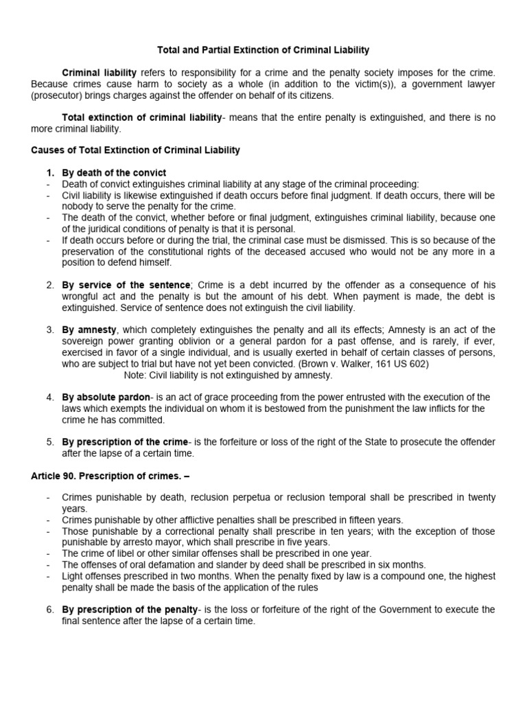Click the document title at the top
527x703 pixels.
tap(263, 50)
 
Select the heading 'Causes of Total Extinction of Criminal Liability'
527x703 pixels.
tap(136, 150)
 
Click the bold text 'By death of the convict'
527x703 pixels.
tap(114, 172)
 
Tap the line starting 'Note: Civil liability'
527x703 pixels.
tap(228, 375)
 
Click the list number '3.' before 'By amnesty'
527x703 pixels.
tap(50, 330)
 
